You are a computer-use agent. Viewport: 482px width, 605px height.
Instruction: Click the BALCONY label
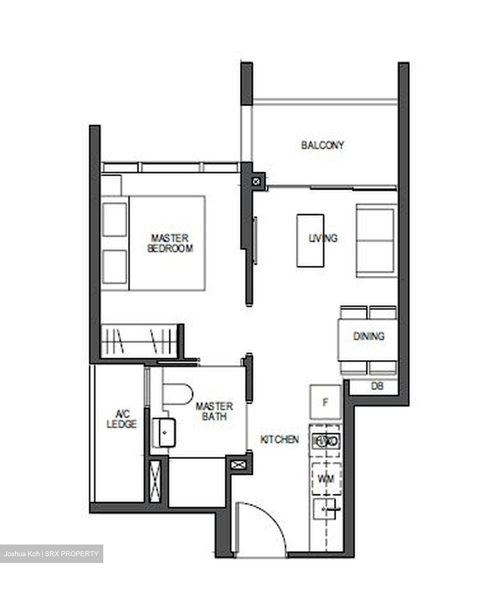pos(322,145)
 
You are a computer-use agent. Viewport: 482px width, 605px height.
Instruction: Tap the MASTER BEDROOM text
pos(170,243)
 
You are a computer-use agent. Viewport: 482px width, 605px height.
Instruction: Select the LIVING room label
pos(323,238)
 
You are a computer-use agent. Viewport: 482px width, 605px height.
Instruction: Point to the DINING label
pos(369,336)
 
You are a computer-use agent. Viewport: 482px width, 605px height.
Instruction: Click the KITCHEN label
pos(280,439)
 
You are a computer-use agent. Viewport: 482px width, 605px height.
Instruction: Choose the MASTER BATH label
pos(214,411)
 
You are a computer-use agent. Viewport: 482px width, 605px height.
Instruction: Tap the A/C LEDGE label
pos(122,419)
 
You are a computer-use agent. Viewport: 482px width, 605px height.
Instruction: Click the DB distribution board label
pos(377,386)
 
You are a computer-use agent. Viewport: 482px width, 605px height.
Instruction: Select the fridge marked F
pos(325,402)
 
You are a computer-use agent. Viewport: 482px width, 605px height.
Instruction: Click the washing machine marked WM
pos(326,479)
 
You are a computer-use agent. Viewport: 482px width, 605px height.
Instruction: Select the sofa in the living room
pos(376,241)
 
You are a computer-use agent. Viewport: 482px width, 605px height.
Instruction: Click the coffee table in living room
pos(310,240)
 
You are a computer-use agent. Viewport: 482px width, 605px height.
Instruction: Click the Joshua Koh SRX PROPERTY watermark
pos(51,554)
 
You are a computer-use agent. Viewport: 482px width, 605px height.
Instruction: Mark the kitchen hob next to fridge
pos(326,441)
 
